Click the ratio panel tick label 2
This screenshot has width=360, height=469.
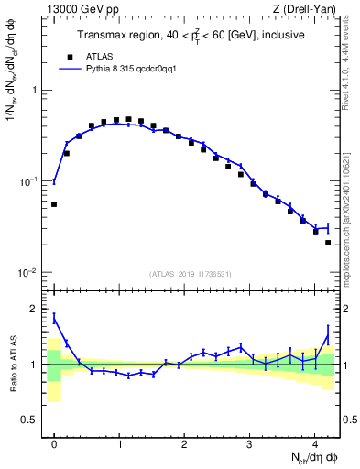tap(35, 309)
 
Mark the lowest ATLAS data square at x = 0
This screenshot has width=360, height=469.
tap(54, 204)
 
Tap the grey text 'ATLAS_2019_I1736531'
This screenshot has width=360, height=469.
tap(191, 274)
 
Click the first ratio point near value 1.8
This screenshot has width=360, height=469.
tap(54, 317)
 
